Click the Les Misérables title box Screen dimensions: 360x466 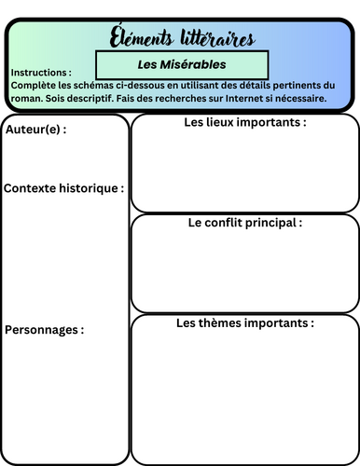pos(182,65)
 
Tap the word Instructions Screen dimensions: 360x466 pos(40,72)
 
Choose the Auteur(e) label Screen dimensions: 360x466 pos(35,130)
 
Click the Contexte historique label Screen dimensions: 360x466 pos(63,188)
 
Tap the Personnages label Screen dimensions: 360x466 pos(45,330)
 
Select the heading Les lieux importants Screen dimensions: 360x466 pos(245,122)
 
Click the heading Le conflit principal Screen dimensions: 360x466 pos(245,223)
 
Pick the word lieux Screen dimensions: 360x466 pos(220,122)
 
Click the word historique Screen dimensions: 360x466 pos(92,188)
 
